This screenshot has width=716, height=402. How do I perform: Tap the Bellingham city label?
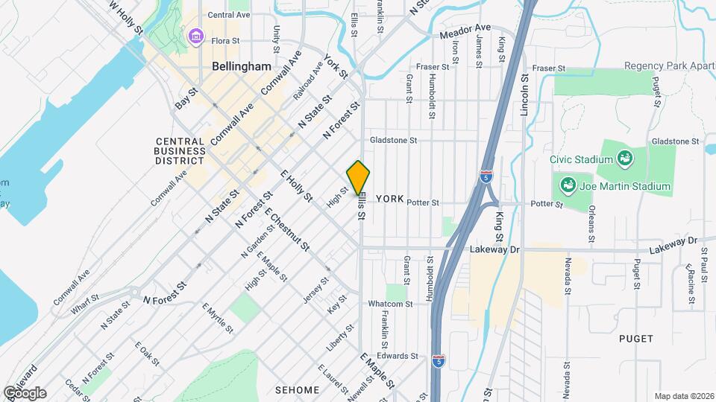(241, 66)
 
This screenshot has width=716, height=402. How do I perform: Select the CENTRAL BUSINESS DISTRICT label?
(180, 150)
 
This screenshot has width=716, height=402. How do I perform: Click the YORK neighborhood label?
(389, 199)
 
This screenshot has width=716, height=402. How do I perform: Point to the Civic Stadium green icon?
(624, 158)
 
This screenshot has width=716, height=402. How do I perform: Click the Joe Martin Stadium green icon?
(568, 184)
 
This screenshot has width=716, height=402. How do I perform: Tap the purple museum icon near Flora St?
(197, 35)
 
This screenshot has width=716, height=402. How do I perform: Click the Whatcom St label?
(389, 304)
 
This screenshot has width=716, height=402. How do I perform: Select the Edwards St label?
(398, 356)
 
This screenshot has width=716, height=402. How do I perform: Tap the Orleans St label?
(591, 217)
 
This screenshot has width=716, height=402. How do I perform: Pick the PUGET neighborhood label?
(635, 339)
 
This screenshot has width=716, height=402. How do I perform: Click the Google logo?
(25, 392)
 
